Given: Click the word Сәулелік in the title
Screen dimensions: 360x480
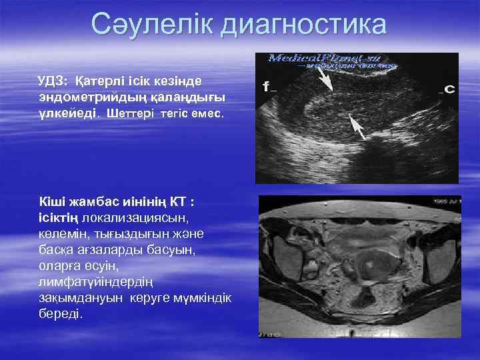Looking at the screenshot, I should [x=154, y=24].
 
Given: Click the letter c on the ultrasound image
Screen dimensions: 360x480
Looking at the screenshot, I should [x=449, y=89].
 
